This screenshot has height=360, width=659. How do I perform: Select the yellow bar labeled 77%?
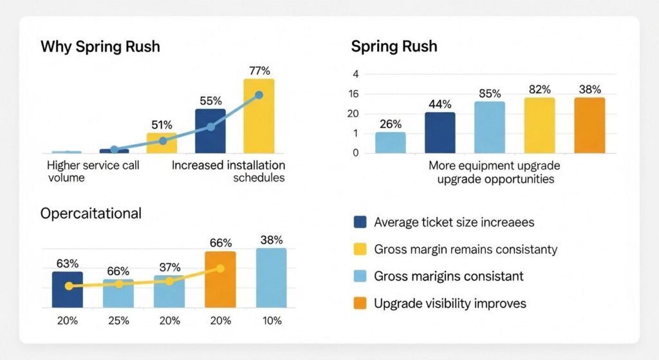(x=258, y=116)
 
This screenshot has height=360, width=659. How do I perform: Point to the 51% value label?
(x=162, y=124)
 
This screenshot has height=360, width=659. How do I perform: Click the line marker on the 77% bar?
(x=259, y=95)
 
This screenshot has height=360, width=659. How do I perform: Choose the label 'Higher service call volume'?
(x=93, y=171)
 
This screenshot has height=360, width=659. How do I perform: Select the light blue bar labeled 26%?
(x=391, y=142)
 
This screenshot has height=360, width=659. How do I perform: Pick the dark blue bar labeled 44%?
(x=440, y=133)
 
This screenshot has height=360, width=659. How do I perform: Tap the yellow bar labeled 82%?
(x=539, y=126)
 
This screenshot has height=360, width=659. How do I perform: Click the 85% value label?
(x=490, y=93)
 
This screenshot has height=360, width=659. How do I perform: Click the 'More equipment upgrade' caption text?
(x=495, y=166)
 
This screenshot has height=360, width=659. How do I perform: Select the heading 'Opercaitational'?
(x=91, y=214)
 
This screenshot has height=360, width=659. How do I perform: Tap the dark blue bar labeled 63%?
(x=67, y=289)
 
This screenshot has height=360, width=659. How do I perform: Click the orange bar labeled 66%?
(x=220, y=279)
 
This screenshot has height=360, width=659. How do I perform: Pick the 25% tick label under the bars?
(x=118, y=321)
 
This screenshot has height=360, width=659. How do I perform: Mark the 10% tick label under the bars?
(x=271, y=321)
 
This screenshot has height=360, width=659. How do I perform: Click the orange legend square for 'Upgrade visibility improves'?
(x=360, y=303)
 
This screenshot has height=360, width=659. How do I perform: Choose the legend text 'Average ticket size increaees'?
(x=454, y=222)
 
